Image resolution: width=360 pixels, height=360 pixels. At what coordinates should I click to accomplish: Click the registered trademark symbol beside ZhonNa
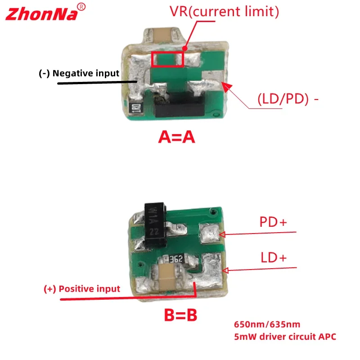point(81,7)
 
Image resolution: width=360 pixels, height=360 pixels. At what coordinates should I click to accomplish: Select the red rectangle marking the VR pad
point(167,59)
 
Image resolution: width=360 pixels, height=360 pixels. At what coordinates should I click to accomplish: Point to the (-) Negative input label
point(79,73)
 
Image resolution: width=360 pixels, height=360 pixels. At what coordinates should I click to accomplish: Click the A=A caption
point(176,137)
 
